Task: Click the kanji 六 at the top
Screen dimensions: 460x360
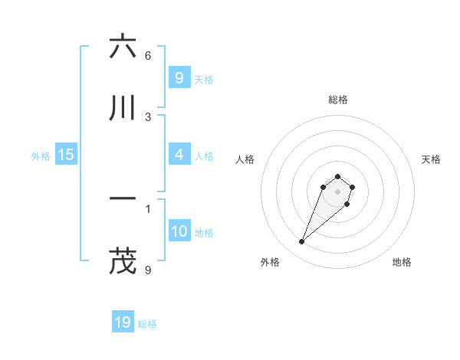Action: (123, 47)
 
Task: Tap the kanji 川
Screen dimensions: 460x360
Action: (123, 109)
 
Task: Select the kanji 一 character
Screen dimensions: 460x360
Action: (123, 198)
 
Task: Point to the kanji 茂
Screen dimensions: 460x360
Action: (123, 260)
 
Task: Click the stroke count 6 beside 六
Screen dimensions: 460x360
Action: (148, 56)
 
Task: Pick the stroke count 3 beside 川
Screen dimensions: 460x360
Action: (148, 117)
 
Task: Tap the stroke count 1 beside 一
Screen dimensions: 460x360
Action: (148, 208)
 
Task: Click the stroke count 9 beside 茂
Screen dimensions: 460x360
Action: (148, 270)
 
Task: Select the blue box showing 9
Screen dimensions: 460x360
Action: (179, 77)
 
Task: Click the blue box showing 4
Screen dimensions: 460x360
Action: (179, 155)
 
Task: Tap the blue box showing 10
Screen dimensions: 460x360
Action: (179, 231)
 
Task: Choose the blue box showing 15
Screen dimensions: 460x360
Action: (66, 155)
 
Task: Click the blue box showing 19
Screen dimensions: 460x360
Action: (123, 322)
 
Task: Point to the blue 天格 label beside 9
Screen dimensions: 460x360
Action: (204, 79)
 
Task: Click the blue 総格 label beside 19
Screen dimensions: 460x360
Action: (147, 324)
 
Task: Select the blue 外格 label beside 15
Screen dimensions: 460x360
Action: (41, 156)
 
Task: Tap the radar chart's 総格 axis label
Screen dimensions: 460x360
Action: (337, 100)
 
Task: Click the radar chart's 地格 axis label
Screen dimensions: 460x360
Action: (402, 262)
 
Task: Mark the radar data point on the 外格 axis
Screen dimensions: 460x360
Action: (302, 242)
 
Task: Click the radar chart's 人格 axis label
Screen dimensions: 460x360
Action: (245, 159)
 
